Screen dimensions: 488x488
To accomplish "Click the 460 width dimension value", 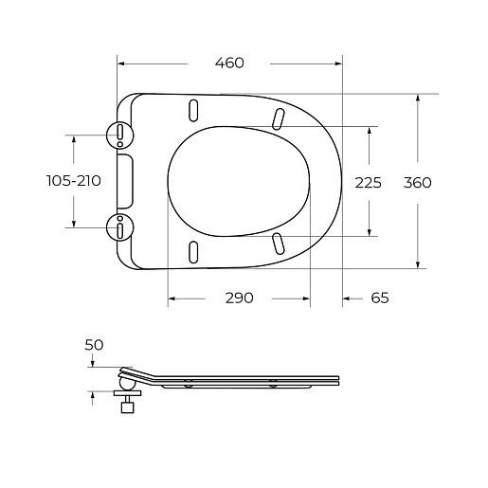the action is pyautogui.click(x=229, y=63).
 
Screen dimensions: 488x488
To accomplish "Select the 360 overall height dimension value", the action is pyautogui.click(x=418, y=183).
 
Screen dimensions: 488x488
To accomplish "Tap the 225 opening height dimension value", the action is pyautogui.click(x=369, y=183).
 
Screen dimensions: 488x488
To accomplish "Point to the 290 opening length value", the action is pyautogui.click(x=239, y=298).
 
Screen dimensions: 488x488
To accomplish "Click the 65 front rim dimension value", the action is pyautogui.click(x=380, y=298).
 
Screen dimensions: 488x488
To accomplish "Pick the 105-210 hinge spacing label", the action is pyautogui.click(x=74, y=181).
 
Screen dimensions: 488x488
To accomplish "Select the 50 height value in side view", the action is pyautogui.click(x=94, y=345).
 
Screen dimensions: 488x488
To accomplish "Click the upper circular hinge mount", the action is pyautogui.click(x=120, y=136).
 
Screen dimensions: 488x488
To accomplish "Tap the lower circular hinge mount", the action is pyautogui.click(x=120, y=227).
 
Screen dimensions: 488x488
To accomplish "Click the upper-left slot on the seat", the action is pyautogui.click(x=193, y=110).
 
